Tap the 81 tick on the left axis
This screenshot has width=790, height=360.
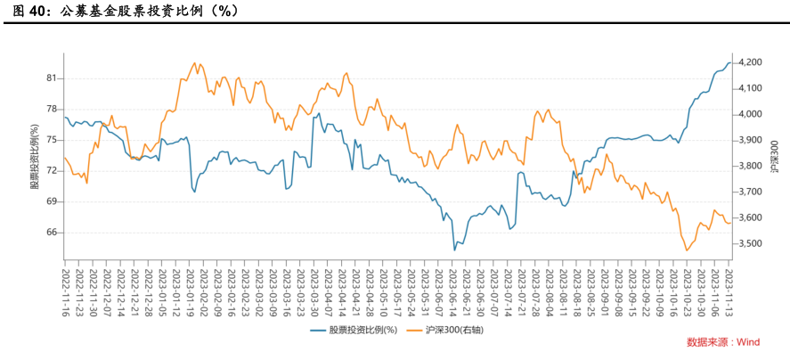coord(51,78)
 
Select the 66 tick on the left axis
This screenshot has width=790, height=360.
coord(51,233)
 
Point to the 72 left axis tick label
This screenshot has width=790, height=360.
coord(51,171)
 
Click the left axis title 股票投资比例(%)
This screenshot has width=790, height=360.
coord(35,151)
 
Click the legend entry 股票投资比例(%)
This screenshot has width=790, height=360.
coord(362,331)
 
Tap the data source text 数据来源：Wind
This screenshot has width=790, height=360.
coord(722,342)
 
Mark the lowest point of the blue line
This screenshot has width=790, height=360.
coord(454,250)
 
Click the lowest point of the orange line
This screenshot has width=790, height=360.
coord(687,250)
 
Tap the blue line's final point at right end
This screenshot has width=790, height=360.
coord(730,63)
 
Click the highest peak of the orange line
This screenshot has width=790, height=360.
coord(195,63)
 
